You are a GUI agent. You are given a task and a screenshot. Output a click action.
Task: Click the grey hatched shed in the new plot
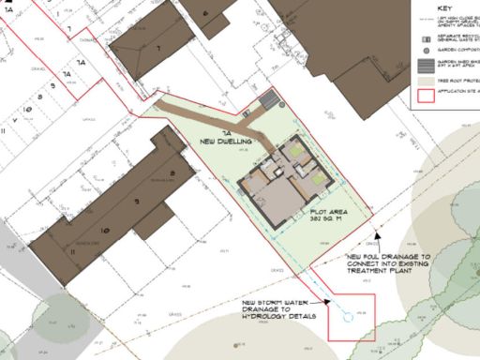(271, 98)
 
